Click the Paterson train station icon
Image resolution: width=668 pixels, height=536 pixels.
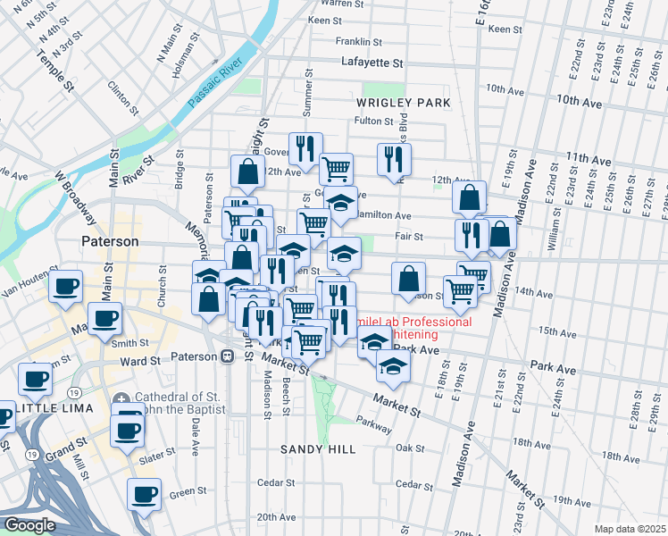tap(227, 356)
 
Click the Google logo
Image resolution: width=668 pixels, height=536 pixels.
tap(29, 526)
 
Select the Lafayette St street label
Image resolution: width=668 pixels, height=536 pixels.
tap(372, 63)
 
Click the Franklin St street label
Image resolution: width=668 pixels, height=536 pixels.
tap(359, 41)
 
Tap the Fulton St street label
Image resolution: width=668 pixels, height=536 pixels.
tap(374, 121)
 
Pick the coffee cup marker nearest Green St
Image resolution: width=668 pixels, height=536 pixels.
tap(144, 494)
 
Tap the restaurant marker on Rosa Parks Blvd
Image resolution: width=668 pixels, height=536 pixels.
tap(393, 160)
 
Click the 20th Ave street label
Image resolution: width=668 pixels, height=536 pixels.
tap(276, 517)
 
